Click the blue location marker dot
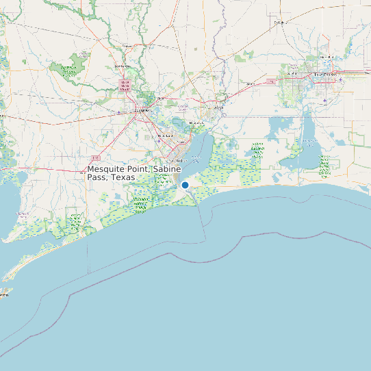point(185,185)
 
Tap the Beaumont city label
point(142,110)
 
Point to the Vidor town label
point(162,99)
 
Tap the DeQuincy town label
point(279,23)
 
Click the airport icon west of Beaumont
point(120,112)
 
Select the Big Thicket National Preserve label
point(68,68)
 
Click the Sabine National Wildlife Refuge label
point(258,149)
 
